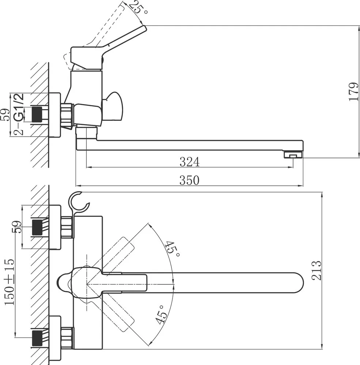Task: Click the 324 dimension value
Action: (x=189, y=162)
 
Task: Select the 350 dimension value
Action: (x=189, y=180)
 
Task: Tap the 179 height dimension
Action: (x=353, y=92)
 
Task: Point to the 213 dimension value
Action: (x=317, y=270)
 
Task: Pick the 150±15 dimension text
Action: (x=10, y=281)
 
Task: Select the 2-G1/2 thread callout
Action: (x=18, y=114)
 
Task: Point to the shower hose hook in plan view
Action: (x=79, y=202)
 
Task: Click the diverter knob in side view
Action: (x=113, y=106)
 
